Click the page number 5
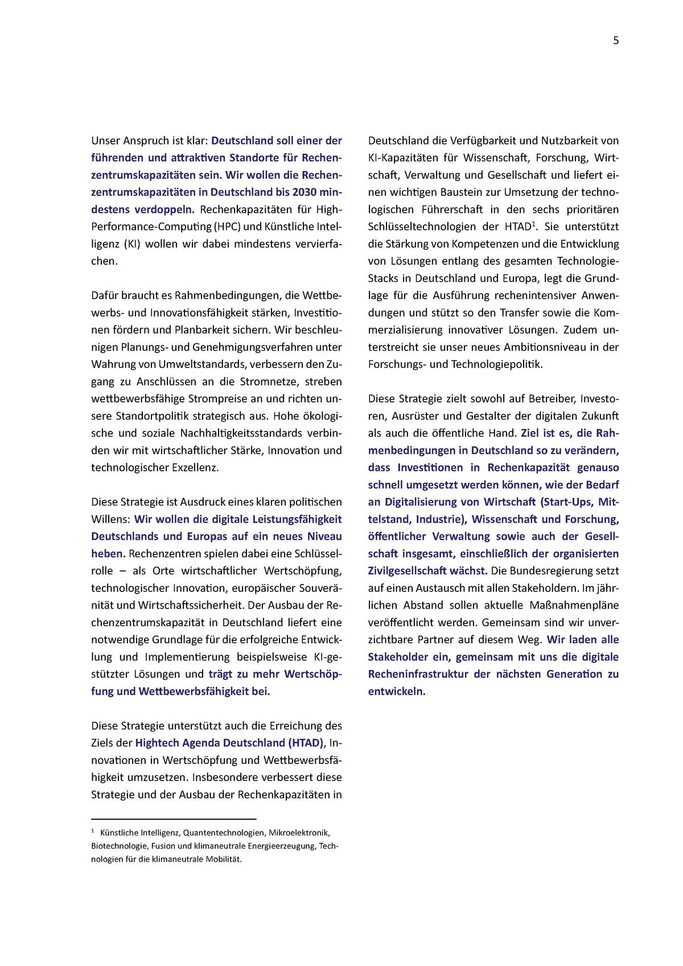pyautogui.click(x=616, y=40)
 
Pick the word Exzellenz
pyautogui.click(x=195, y=467)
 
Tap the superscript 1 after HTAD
pyautogui.click(x=534, y=223)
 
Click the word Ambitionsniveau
pyautogui.click(x=534, y=347)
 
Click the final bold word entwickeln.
pyautogui.click(x=397, y=692)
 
